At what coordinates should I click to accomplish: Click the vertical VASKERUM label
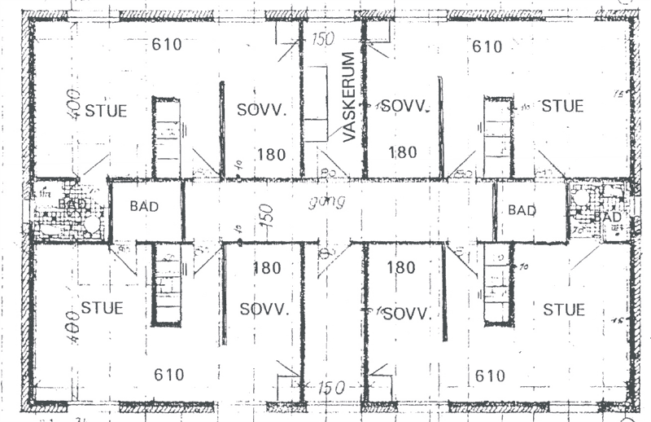(x=349, y=98)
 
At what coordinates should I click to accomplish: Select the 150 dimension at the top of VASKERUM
(x=324, y=37)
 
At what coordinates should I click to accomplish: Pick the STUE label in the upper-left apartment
(x=107, y=109)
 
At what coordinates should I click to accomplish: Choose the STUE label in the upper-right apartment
(x=562, y=106)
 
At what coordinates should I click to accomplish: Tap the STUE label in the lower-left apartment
(x=103, y=309)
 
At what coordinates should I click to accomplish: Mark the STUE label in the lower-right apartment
(x=564, y=310)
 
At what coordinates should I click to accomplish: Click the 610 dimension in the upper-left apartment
(x=167, y=44)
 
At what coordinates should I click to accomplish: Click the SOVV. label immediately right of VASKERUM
(x=404, y=106)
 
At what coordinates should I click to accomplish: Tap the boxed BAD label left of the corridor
(x=144, y=207)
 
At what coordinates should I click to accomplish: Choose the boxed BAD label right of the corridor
(x=522, y=210)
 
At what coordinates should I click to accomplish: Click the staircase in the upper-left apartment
(x=166, y=137)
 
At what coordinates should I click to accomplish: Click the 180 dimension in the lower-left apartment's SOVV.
(x=266, y=268)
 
